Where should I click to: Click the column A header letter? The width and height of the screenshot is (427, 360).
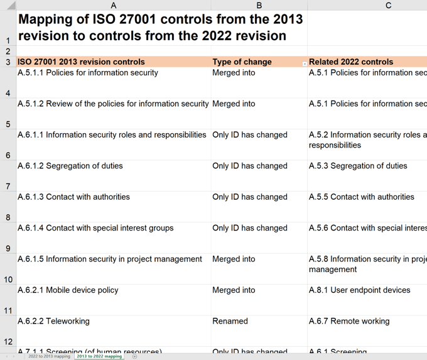pos(113,5)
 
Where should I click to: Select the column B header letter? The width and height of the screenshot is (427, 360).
pos(259,5)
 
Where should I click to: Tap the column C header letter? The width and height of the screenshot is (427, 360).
pos(388,5)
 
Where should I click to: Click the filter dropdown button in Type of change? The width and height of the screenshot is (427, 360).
pos(305,64)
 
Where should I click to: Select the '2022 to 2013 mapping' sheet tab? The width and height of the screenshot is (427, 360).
pos(49,356)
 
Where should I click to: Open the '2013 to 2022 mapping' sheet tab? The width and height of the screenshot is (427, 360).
pos(99,356)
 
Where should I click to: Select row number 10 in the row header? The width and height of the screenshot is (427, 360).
pos(8,280)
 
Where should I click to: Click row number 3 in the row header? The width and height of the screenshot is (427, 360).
pos(8,62)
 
